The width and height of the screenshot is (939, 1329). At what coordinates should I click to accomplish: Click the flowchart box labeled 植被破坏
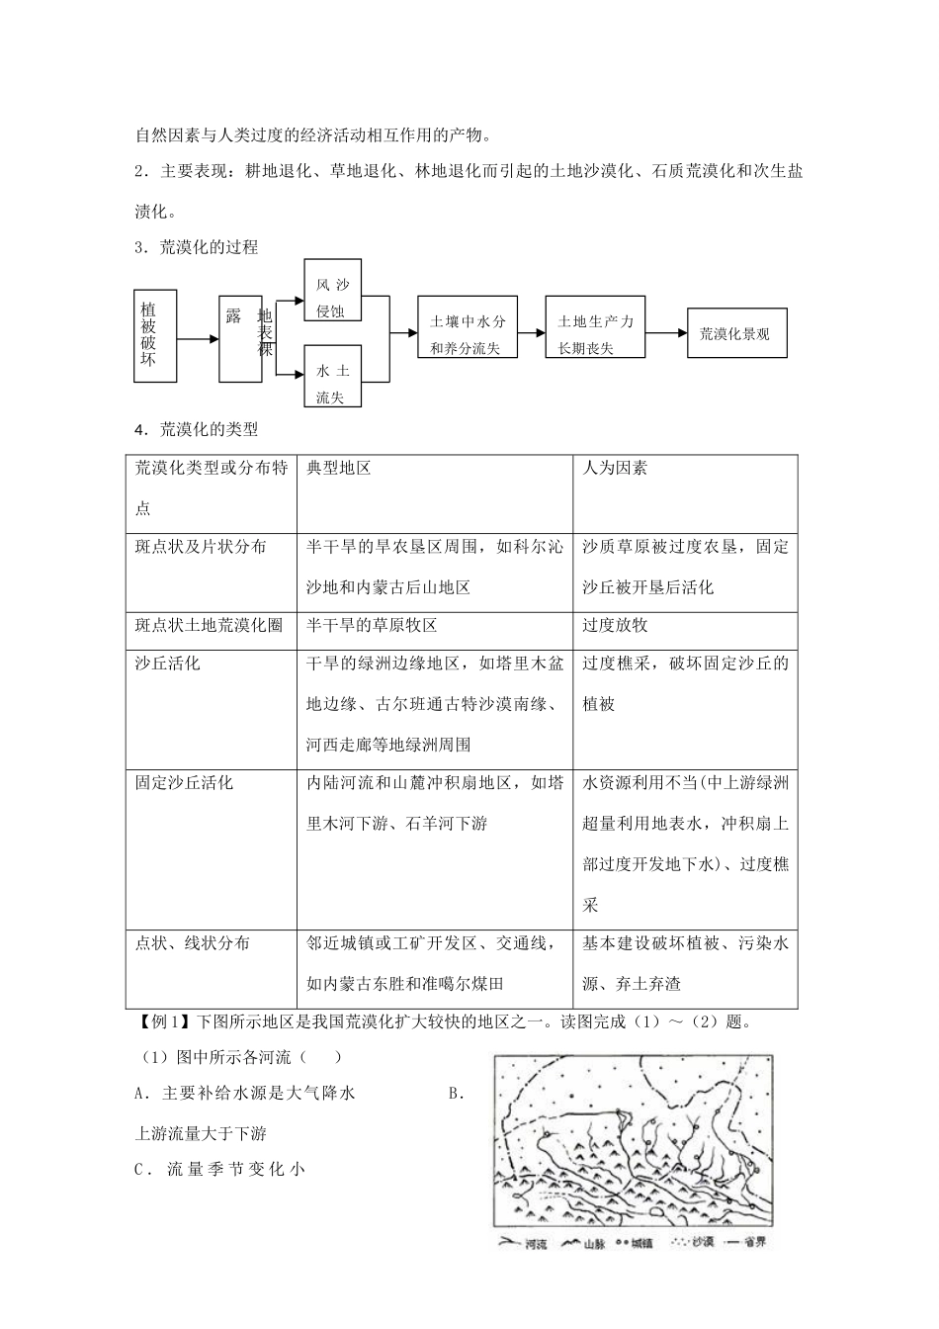[x=154, y=336]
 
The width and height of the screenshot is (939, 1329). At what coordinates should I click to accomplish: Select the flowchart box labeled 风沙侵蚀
[x=332, y=292]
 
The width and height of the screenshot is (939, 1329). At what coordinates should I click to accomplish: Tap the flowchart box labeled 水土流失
[x=332, y=376]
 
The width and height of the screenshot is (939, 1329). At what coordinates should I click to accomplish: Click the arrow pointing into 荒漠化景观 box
[x=666, y=333]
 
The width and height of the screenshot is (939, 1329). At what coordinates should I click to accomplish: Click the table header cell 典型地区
[x=339, y=468]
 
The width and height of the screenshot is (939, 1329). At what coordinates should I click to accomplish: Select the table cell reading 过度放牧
[x=615, y=625]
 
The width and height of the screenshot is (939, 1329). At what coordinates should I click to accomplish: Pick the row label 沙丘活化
[x=168, y=664]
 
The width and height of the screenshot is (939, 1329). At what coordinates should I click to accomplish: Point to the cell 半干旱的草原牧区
[x=372, y=625]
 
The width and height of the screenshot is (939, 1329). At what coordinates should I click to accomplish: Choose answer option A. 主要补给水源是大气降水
[x=244, y=1093]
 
